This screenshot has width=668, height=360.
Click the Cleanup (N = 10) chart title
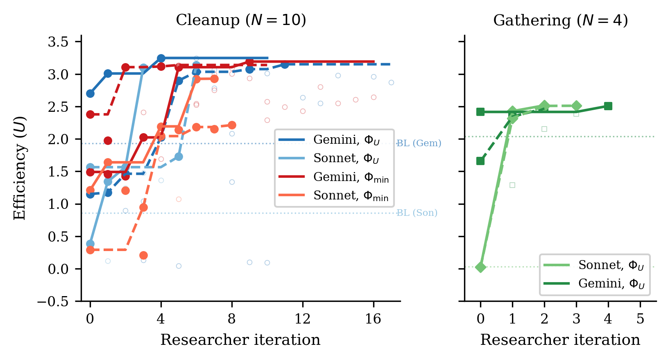tap(241, 20)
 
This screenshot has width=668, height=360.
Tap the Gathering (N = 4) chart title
tap(561, 20)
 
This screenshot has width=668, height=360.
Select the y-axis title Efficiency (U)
tap(20, 168)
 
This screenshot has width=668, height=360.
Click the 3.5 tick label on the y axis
tap(58, 42)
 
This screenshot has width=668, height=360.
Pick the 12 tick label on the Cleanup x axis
tap(303, 319)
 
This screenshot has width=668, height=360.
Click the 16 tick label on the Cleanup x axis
tap(374, 319)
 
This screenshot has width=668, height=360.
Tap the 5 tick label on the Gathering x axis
tap(640, 319)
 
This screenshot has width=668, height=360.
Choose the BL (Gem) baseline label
tap(419, 143)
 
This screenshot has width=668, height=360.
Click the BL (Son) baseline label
tap(417, 213)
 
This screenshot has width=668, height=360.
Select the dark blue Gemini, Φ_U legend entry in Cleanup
tap(329, 140)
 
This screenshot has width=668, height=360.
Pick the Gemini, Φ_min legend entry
tap(334, 177)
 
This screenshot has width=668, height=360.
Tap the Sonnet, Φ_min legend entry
tap(333, 195)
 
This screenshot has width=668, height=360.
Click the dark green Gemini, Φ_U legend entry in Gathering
tap(594, 283)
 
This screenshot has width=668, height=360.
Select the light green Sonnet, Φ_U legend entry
tap(594, 265)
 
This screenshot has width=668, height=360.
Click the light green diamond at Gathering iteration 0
tap(480, 267)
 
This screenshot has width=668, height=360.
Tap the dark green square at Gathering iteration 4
tap(608, 106)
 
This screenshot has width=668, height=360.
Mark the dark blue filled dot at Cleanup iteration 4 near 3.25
tap(161, 58)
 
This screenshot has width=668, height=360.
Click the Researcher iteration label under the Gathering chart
tap(560, 340)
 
